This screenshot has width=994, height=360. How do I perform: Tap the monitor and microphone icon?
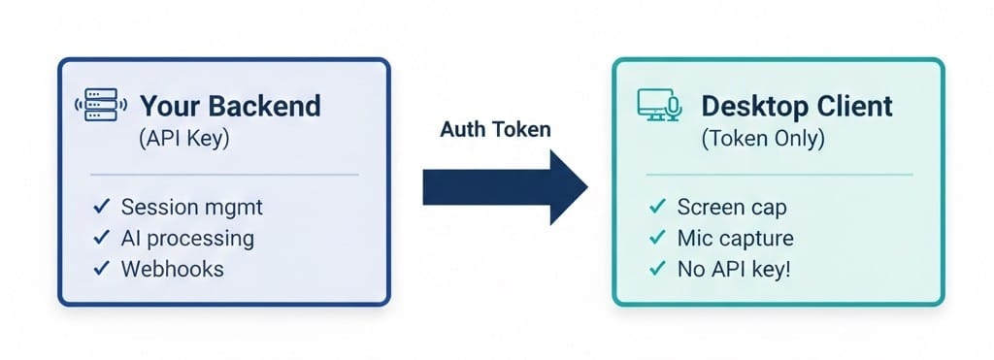660,106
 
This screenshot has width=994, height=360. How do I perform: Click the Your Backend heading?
230,106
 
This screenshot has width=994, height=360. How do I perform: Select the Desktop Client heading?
797,106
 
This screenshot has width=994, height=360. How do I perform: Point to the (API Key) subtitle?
184,139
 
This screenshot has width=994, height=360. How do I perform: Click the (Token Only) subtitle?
762,139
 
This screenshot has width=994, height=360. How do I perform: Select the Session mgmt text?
192,207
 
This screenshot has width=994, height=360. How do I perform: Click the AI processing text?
187,238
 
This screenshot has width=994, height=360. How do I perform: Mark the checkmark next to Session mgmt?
101,207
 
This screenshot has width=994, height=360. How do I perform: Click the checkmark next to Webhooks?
101,268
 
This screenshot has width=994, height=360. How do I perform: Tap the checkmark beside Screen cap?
657,207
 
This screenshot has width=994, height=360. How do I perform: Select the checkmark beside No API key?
657,268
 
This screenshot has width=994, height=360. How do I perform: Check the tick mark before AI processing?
101,238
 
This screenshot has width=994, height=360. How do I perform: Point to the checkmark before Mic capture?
657,238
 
